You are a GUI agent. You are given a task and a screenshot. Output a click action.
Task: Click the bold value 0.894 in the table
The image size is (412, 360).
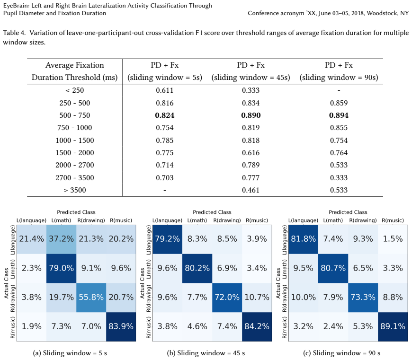coord(339,115)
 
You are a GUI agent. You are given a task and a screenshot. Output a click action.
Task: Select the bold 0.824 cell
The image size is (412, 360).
coord(164,115)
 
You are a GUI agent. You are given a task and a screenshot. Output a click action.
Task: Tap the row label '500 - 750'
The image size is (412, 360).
coord(75,115)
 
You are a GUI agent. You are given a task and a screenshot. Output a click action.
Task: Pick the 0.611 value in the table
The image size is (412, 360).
coord(164,90)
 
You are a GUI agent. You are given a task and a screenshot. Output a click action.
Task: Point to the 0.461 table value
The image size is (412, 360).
coord(251,190)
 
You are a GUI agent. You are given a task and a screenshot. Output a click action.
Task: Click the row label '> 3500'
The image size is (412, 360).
coord(75,190)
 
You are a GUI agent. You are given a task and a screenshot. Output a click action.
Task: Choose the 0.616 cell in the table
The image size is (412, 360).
coord(251,153)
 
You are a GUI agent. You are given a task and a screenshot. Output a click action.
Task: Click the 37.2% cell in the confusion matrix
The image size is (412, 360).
coord(62,239)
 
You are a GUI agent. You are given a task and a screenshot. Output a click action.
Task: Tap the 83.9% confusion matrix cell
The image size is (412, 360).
coord(121,326)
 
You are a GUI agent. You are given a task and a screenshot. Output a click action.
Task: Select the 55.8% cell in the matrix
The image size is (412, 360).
coord(91,297)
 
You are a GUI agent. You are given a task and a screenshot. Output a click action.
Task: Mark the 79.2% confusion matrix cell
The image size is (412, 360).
coord(167,239)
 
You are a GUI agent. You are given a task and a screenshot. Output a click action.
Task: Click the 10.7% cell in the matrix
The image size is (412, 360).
coord(257,297)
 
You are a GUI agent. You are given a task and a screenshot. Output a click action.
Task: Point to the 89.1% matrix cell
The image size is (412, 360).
coord(393,326)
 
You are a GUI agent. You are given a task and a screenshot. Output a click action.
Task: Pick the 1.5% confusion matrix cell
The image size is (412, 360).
coord(393,239)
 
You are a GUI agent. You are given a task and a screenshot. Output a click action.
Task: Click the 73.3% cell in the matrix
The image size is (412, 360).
coord(363,297)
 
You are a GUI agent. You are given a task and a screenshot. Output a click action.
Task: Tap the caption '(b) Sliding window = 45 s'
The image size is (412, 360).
coord(206,353)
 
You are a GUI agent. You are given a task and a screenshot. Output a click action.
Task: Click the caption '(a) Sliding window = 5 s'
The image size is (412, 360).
coord(70,353)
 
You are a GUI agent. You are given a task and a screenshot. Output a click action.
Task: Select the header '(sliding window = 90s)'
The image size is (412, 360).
coord(339,78)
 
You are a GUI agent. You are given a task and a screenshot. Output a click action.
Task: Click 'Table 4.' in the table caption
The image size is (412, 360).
coord(15,33)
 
